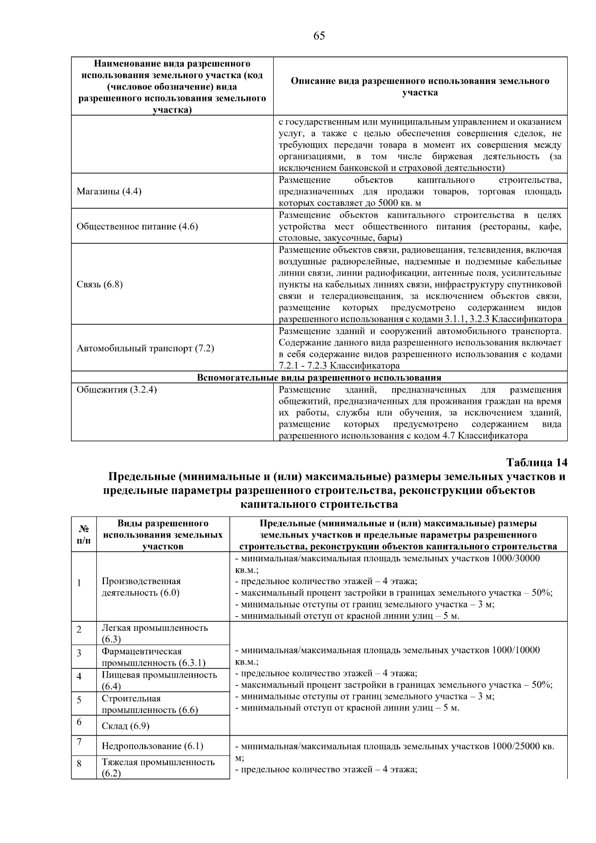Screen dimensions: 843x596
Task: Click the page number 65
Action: click(319, 36)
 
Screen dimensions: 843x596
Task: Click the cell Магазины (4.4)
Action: click(109, 191)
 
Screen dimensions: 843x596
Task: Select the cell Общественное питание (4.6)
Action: click(137, 227)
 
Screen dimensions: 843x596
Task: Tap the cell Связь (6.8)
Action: click(99, 284)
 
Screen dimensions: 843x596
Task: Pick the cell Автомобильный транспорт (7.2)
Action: click(145, 348)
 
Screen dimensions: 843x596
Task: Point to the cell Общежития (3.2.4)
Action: click(117, 389)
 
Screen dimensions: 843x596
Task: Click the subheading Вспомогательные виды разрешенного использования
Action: click(319, 378)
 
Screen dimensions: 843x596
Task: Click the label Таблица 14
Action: click(536, 462)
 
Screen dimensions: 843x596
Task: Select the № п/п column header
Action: click(84, 535)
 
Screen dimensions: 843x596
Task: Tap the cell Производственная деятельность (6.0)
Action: click(141, 587)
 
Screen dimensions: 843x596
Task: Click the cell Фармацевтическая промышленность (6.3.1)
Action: click(153, 657)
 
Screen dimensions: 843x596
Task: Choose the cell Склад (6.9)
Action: click(125, 726)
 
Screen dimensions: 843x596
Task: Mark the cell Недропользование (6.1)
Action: click(152, 746)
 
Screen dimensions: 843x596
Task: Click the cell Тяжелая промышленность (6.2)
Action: click(158, 767)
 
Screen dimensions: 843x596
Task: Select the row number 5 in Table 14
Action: click(79, 699)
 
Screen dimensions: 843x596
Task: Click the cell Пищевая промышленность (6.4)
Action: click(159, 680)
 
